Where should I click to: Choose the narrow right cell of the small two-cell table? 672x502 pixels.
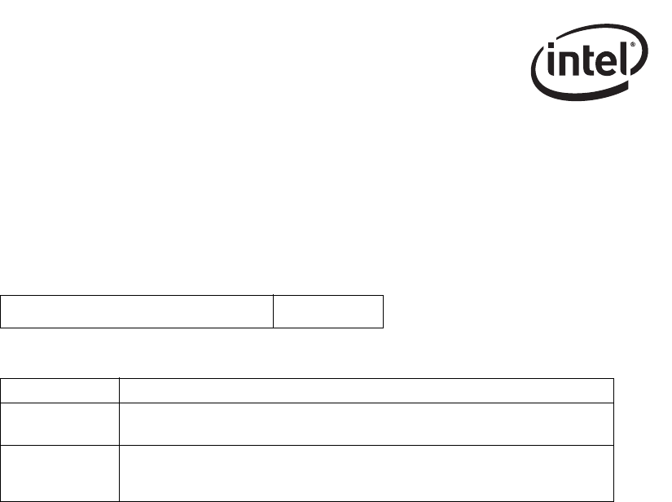point(327,311)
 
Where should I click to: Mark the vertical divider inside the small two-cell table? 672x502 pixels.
point(273,311)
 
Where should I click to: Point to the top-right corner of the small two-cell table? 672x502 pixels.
point(383,296)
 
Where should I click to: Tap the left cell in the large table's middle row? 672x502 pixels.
point(60,423)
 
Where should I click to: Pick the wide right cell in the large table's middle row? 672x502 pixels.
point(366,423)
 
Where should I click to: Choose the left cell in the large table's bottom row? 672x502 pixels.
point(60,473)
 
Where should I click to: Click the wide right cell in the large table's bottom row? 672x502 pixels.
point(366,473)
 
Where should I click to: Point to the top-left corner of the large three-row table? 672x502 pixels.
point(2,378)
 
